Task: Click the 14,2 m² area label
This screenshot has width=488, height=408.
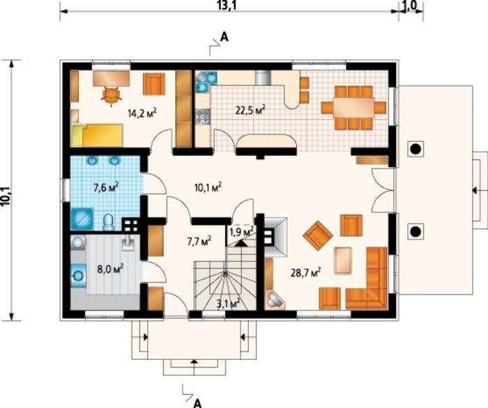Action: tap(142, 113)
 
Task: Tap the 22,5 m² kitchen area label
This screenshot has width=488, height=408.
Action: tap(250, 110)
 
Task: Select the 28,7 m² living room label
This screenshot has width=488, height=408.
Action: tap(305, 272)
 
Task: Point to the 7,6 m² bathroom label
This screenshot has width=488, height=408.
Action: tap(106, 187)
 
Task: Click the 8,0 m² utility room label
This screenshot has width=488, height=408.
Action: tap(111, 268)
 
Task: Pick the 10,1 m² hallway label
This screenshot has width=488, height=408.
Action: tap(208, 187)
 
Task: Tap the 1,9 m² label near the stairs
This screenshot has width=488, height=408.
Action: tap(241, 231)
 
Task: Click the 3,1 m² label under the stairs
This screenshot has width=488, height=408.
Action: tap(229, 303)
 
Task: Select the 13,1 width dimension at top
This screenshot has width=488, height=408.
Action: tap(227, 6)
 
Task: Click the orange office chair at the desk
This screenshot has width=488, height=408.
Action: tap(112, 95)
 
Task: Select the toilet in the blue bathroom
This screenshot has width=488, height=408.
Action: tap(108, 222)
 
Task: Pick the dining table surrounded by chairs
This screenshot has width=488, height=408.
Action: tap(353, 107)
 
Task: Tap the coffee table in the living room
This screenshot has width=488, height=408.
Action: tap(343, 260)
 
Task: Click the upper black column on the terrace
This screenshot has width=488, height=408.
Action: tap(415, 149)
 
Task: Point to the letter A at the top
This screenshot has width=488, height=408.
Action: tap(224, 38)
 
